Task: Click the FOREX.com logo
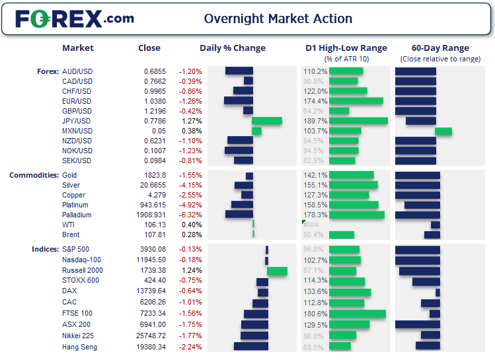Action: point(75,18)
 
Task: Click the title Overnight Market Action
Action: point(278,19)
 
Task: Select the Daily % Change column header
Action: point(233,48)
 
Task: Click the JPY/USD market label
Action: point(76,121)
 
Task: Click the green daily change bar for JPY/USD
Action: point(267,121)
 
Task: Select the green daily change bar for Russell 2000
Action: point(277,271)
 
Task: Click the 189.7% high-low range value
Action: point(315,121)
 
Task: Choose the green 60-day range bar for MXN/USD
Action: point(443,131)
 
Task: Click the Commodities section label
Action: point(33,175)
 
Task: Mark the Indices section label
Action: point(44,250)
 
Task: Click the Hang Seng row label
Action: point(80,347)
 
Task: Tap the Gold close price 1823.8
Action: point(155,176)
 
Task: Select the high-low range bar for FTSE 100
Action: point(357,314)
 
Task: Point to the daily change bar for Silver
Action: point(244,186)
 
